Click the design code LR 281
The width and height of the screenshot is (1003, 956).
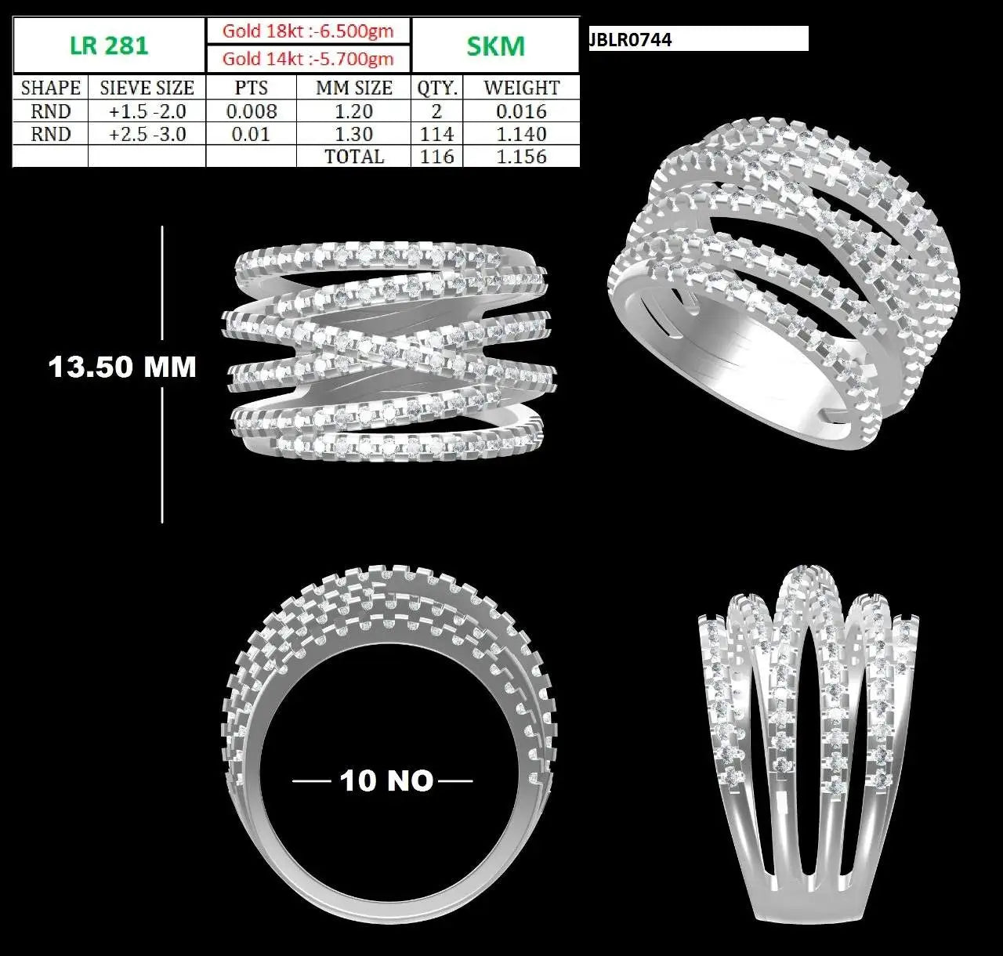pos(109,46)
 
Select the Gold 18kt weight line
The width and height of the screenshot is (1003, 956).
pos(308,31)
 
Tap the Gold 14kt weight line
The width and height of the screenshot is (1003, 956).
pos(308,59)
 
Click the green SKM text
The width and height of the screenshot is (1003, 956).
pos(495,46)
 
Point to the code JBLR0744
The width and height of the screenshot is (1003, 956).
pos(631,39)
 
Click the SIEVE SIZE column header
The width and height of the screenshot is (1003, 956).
pos(147,88)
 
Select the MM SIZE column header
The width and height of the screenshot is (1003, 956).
pos(354,88)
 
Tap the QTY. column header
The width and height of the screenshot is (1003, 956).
pos(437,88)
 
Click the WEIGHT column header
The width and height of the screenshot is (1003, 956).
pos(521,88)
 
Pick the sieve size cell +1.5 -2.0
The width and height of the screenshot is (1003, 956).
pos(147,111)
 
